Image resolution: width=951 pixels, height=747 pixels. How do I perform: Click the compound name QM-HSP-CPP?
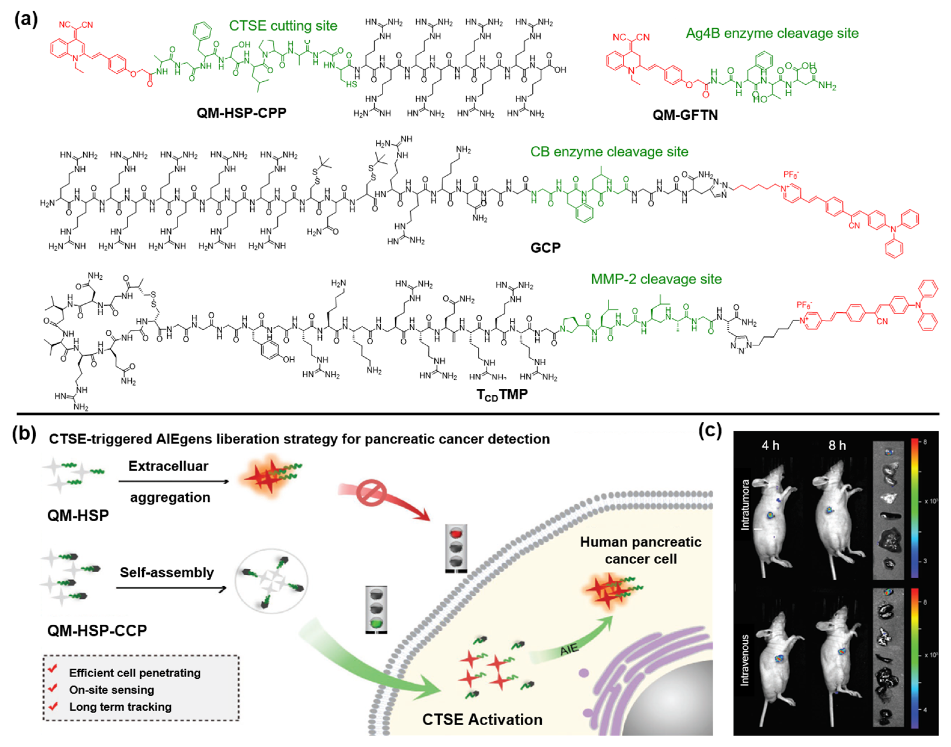coord(241,113)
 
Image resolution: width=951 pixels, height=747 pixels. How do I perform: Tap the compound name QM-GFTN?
coord(685,115)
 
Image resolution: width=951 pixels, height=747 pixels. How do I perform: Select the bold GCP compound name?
coord(545,248)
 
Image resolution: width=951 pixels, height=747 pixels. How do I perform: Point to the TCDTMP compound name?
coord(502,395)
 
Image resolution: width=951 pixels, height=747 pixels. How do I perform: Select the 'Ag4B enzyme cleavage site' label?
coord(772,33)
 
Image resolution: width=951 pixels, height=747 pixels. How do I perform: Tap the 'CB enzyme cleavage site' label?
coord(609,152)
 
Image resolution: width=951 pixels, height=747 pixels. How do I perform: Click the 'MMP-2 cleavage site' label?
coord(656,279)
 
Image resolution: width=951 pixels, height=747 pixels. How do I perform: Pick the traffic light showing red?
coord(456,548)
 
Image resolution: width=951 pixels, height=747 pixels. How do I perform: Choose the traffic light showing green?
coord(376,610)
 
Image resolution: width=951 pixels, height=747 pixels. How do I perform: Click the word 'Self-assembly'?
coord(167,572)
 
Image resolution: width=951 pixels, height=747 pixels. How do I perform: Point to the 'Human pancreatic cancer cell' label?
coord(641,551)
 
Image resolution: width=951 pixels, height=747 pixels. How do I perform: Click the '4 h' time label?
coord(770,446)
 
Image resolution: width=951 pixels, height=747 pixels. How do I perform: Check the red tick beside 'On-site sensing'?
coord(53,688)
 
